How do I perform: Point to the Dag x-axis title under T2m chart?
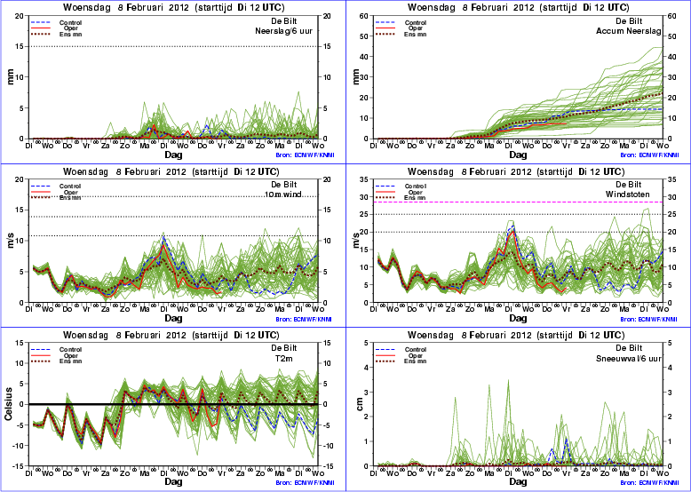[172, 482]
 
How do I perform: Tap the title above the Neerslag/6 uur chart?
[172, 7]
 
